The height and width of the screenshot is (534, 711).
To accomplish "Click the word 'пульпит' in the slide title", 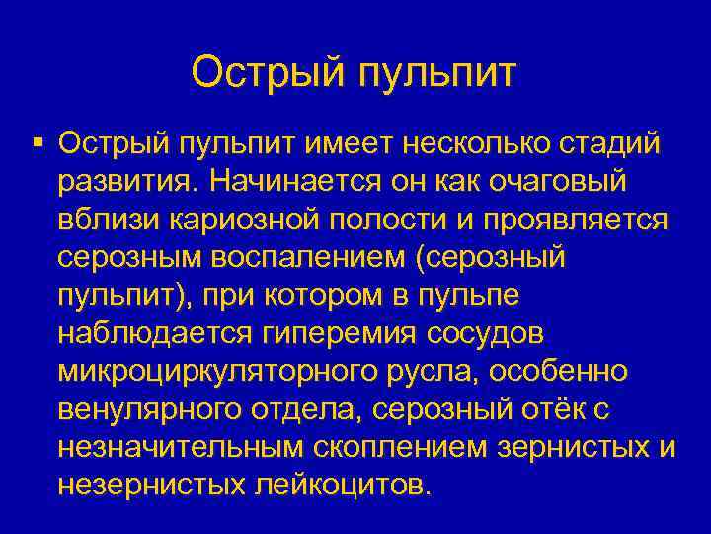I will coord(434,72).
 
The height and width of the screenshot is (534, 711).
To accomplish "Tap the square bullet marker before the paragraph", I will coord(37,144).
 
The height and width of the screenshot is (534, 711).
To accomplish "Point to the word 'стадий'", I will coord(613,145).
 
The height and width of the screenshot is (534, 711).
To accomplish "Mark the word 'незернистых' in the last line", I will coord(157,484).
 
